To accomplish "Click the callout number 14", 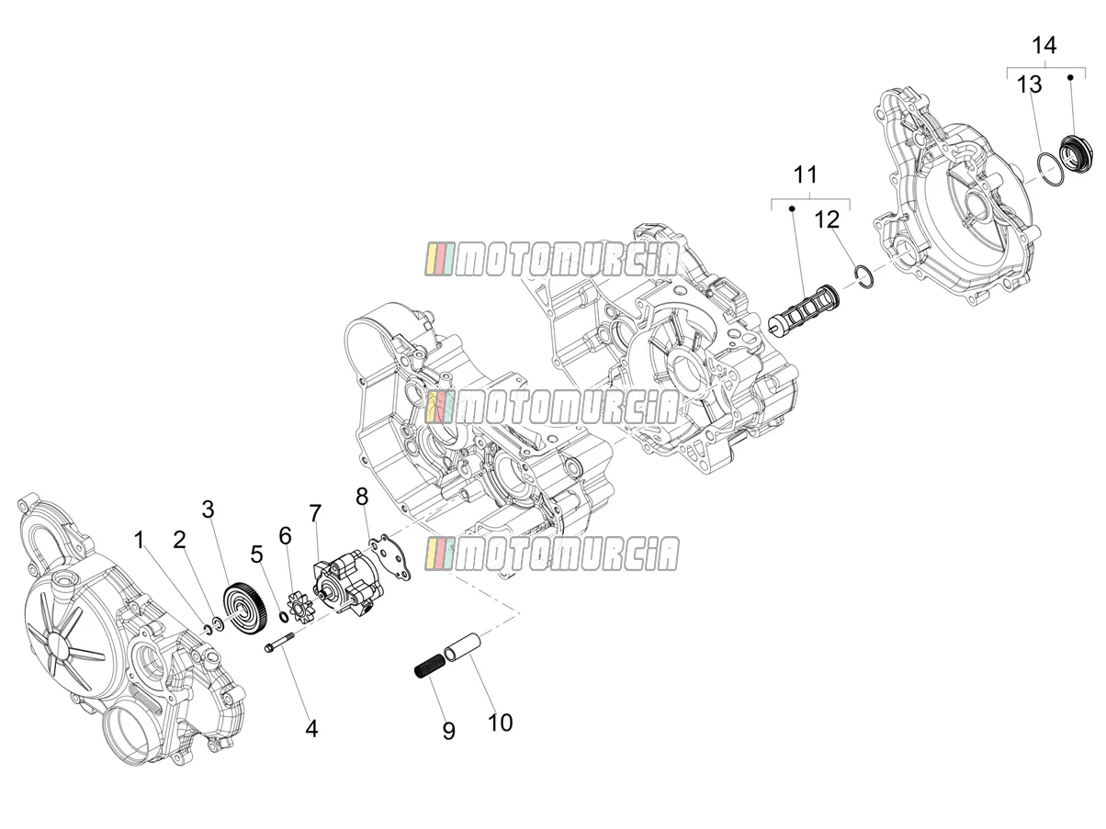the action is (1044, 45).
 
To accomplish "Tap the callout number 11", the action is (805, 174).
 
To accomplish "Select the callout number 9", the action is (448, 731).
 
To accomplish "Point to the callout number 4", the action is (312, 729).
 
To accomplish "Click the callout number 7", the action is (315, 513).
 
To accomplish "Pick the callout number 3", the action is (209, 509).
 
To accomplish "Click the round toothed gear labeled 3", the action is (245, 610).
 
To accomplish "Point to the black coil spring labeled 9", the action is (427, 665).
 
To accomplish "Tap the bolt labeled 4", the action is (278, 644).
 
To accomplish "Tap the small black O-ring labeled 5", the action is (284, 617).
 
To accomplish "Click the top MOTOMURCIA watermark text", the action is (551, 259).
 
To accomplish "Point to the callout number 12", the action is (827, 220).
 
